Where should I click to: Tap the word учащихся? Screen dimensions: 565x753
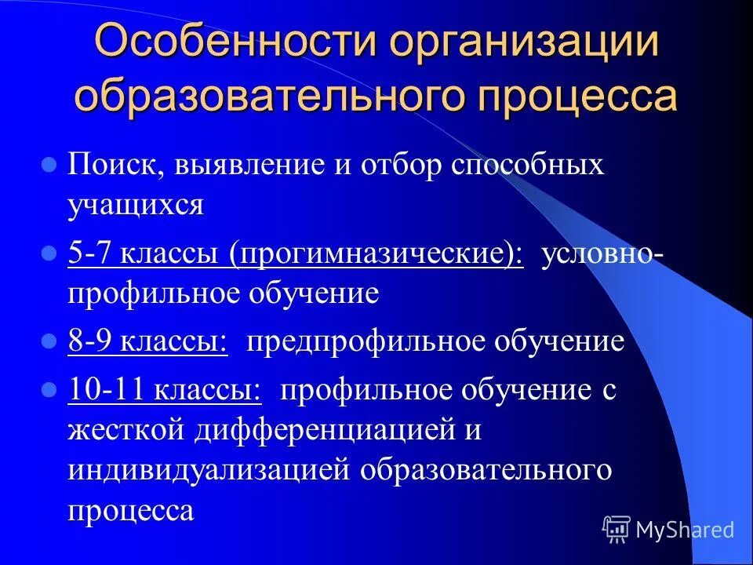[136, 206]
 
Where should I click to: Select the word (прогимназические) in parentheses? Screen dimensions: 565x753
[376, 256]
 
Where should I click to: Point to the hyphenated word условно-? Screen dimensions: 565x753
[597, 255]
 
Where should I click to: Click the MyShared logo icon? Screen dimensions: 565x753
[617, 529]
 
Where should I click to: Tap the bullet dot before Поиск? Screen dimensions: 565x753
[49, 166]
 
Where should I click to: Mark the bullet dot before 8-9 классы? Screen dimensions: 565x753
[49, 342]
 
